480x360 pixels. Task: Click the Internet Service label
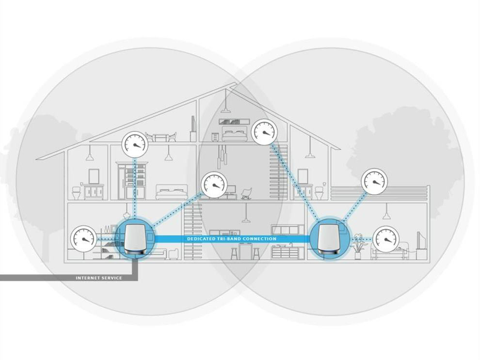click(x=99, y=278)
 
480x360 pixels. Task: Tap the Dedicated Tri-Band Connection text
click(x=232, y=239)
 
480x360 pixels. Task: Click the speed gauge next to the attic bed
click(x=264, y=131)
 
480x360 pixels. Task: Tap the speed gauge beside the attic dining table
click(x=134, y=143)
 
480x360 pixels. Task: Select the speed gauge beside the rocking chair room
click(x=213, y=185)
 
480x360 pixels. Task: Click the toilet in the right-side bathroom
click(x=319, y=192)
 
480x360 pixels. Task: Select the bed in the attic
click(x=235, y=133)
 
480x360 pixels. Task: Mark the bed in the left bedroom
click(x=171, y=192)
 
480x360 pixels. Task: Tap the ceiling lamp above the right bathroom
click(x=310, y=155)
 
